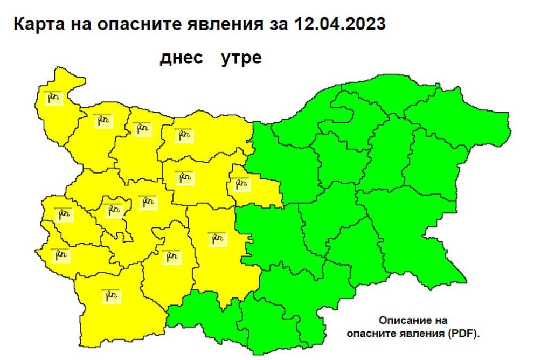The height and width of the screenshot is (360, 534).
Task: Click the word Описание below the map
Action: (413, 319)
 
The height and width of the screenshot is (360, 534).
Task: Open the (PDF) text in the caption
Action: (461, 334)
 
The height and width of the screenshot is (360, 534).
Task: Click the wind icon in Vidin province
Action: (53, 97)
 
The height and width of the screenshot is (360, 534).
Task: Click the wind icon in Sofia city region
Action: (113, 209)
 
